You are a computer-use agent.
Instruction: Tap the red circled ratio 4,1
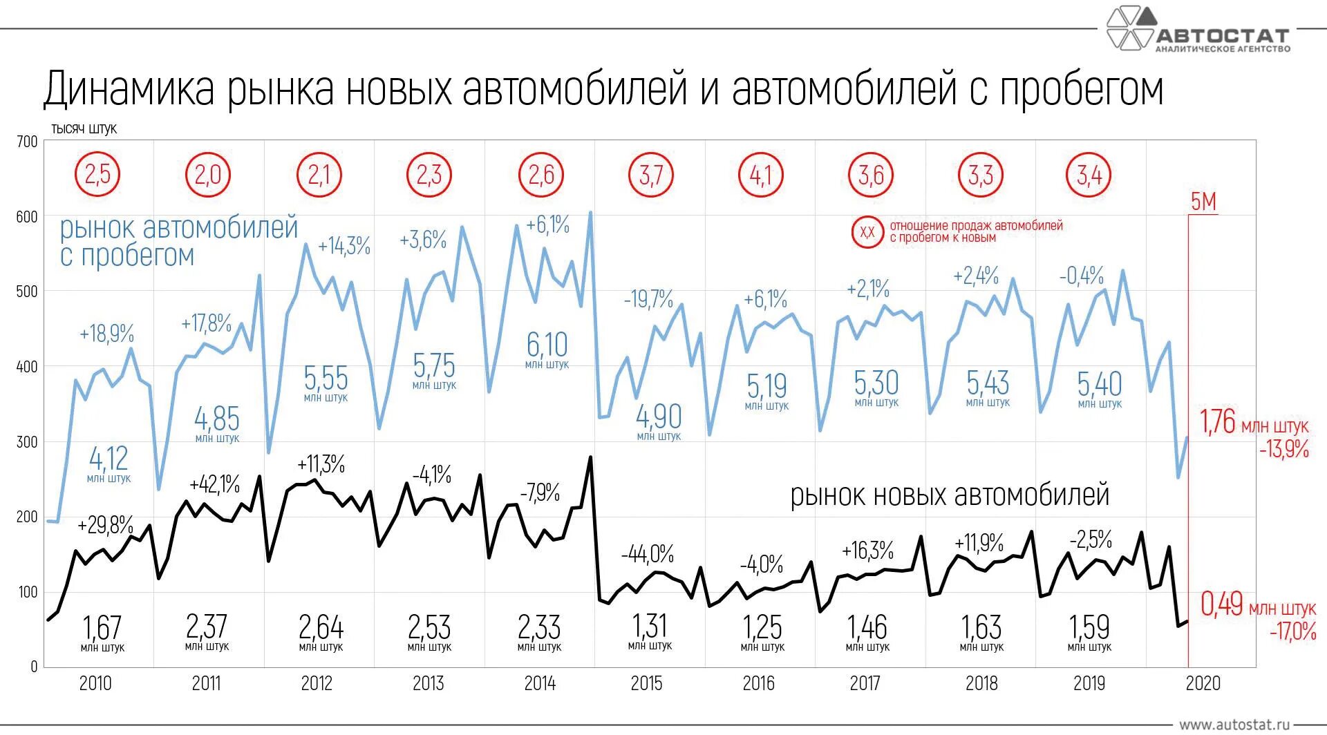click(761, 175)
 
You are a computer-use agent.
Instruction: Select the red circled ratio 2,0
click(207, 175)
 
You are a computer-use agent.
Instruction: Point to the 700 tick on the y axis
click(27, 142)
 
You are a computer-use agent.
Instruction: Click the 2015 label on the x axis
click(646, 684)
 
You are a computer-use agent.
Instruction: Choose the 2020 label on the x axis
click(1203, 684)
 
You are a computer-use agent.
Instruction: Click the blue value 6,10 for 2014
click(547, 345)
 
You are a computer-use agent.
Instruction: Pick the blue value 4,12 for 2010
click(109, 459)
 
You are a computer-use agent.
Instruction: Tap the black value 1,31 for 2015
click(650, 627)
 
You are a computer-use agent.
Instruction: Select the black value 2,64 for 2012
click(321, 628)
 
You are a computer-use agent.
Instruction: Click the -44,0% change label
click(647, 554)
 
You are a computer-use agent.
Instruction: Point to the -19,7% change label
click(648, 299)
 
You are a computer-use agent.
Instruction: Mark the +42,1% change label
click(214, 484)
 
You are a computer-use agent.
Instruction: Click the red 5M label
click(1203, 202)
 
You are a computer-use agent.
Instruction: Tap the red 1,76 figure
click(1217, 422)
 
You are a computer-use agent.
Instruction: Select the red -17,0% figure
click(1292, 631)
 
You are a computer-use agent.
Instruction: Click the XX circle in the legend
click(867, 232)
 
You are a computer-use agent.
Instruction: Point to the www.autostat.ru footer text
click(1234, 725)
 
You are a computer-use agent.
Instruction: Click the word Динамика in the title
click(129, 90)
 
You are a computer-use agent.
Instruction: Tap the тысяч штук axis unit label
click(84, 129)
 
